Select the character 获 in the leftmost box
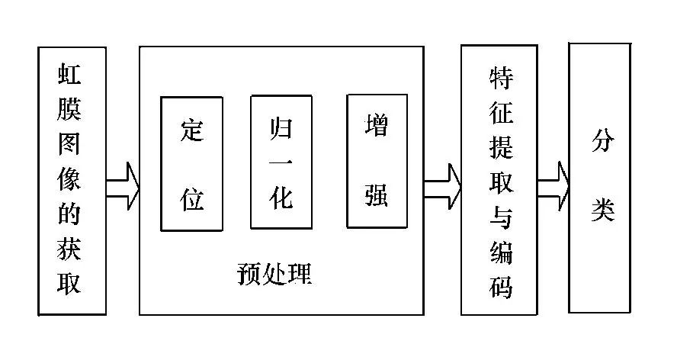click(71, 249)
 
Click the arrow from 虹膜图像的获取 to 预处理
click(123, 185)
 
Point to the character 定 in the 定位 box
click(191, 130)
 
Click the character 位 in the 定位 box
click(191, 198)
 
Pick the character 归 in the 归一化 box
click(281, 127)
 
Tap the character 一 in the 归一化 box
click(281, 162)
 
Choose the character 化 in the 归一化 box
click(281, 198)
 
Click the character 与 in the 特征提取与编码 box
click(499, 218)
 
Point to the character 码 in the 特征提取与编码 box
click(499, 288)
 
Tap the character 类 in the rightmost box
click(602, 210)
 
